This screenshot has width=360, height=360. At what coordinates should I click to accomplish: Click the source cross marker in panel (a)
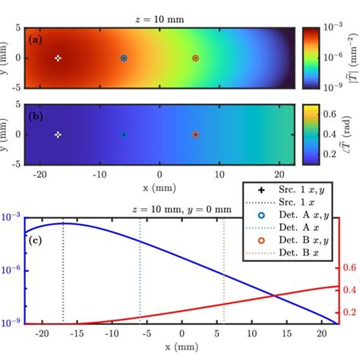coord(58,58)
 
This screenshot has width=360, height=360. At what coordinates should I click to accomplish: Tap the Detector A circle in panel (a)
coord(124,58)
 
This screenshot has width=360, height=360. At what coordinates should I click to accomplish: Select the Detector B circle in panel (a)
coord(195,58)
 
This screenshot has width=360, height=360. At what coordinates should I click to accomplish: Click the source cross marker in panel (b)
coord(58,134)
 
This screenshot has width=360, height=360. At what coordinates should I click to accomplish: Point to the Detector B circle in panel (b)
coord(195,134)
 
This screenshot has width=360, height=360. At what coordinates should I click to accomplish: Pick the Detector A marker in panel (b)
coord(124,134)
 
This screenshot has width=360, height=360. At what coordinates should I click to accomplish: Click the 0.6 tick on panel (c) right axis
coord(350,268)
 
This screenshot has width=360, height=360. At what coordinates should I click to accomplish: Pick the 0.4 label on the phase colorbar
coord(329,134)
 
